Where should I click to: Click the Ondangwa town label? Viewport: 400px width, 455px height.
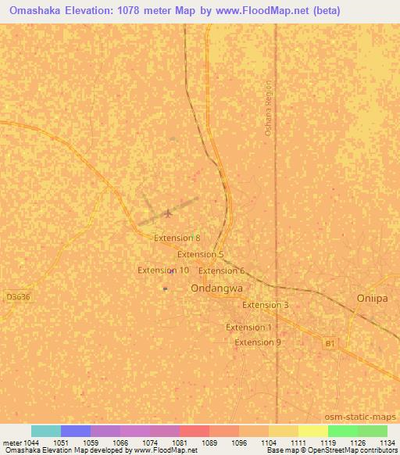click(x=214, y=288)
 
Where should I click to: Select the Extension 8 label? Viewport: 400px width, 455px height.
click(x=177, y=238)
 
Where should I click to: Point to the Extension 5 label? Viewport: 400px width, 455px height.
click(x=201, y=254)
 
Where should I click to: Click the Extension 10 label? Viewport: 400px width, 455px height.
click(x=163, y=270)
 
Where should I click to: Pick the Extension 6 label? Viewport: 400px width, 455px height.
click(x=222, y=270)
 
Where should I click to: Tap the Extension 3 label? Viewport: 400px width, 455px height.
click(x=266, y=305)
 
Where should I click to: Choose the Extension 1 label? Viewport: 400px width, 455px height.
click(x=249, y=327)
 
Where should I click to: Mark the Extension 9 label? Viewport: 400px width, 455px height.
click(x=258, y=342)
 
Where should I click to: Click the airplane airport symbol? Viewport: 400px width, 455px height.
click(x=167, y=213)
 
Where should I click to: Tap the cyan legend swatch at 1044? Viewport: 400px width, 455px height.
click(x=45, y=431)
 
